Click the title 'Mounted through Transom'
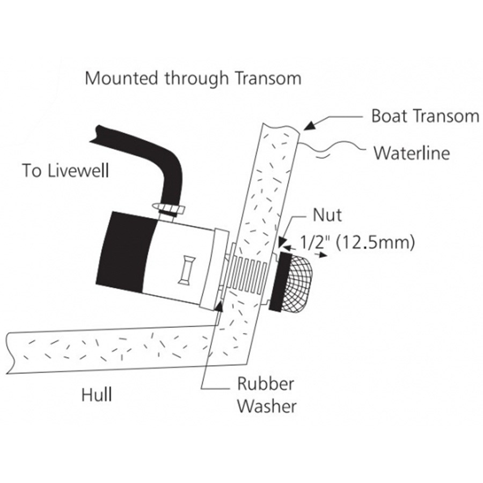193,78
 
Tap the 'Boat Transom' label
426,116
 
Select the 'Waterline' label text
412,153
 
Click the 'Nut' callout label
327,215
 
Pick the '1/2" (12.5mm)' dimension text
357,243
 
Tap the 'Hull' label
97,394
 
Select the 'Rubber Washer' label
267,395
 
